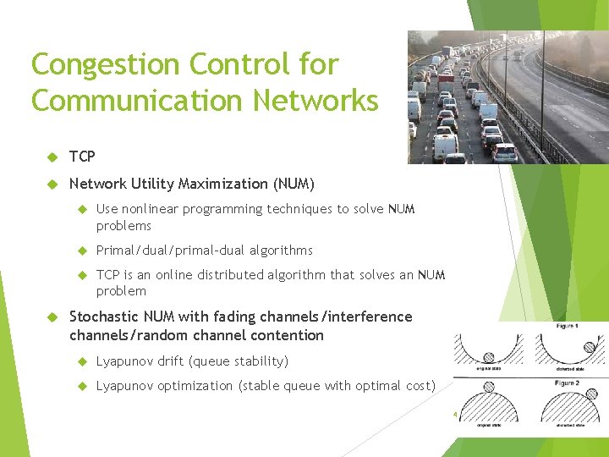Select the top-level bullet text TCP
click(x=82, y=157)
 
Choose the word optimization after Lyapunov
click(x=201, y=386)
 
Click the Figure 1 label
click(x=567, y=327)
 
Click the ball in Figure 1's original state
click(x=489, y=357)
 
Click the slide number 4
click(x=454, y=415)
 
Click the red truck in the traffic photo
click(x=446, y=77)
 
